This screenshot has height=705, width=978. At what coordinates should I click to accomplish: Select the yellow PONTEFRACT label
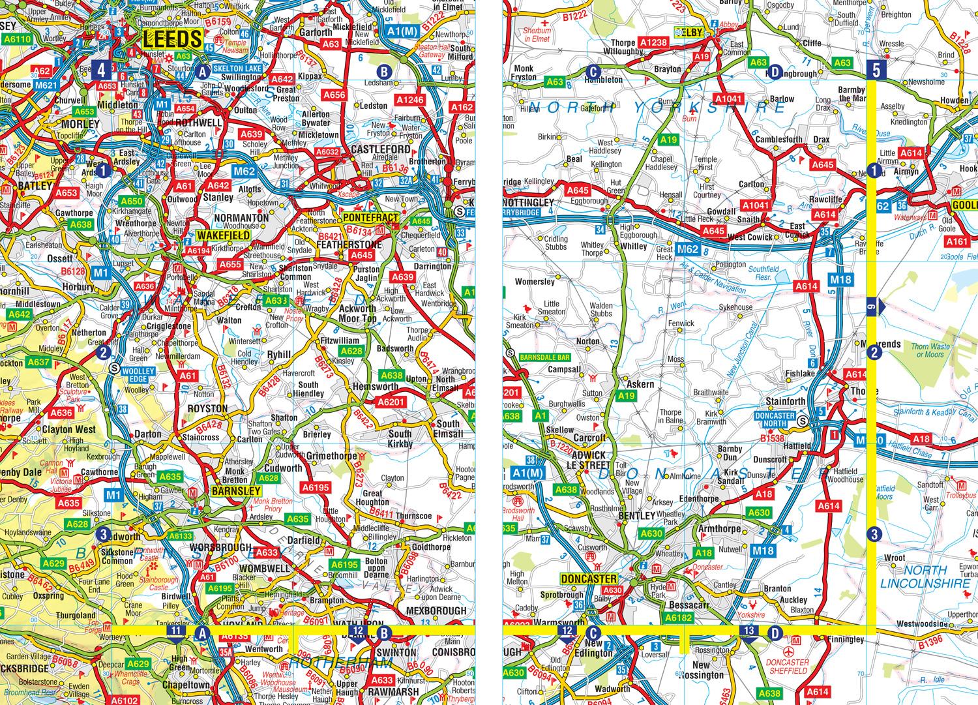370,217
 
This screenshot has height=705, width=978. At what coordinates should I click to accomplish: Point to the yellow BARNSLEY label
236,491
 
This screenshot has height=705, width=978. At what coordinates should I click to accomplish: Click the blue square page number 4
102,69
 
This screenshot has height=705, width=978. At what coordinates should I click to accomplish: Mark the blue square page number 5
876,69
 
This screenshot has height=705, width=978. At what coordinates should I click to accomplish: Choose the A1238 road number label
653,42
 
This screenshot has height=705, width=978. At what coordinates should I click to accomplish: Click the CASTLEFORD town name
381,149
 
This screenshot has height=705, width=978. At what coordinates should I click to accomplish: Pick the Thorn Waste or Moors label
930,351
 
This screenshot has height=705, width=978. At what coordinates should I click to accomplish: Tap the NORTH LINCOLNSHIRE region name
925,577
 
